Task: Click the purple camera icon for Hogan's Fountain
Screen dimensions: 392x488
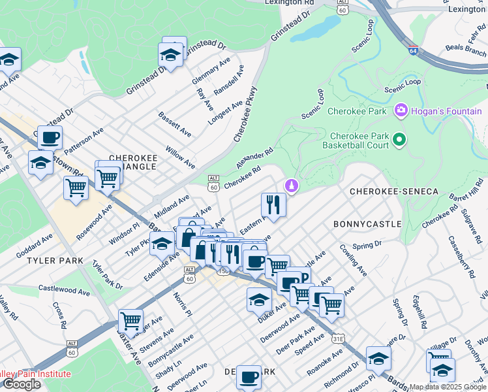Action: point(401,110)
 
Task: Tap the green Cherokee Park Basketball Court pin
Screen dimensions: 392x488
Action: point(401,139)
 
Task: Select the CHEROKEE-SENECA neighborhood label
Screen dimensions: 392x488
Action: point(393,191)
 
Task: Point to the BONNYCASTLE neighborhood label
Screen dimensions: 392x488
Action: point(367,223)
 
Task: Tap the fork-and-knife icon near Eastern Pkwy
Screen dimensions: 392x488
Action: point(273,204)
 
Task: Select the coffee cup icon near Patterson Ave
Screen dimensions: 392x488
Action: point(50,137)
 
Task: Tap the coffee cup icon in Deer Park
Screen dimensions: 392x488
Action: point(248,377)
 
